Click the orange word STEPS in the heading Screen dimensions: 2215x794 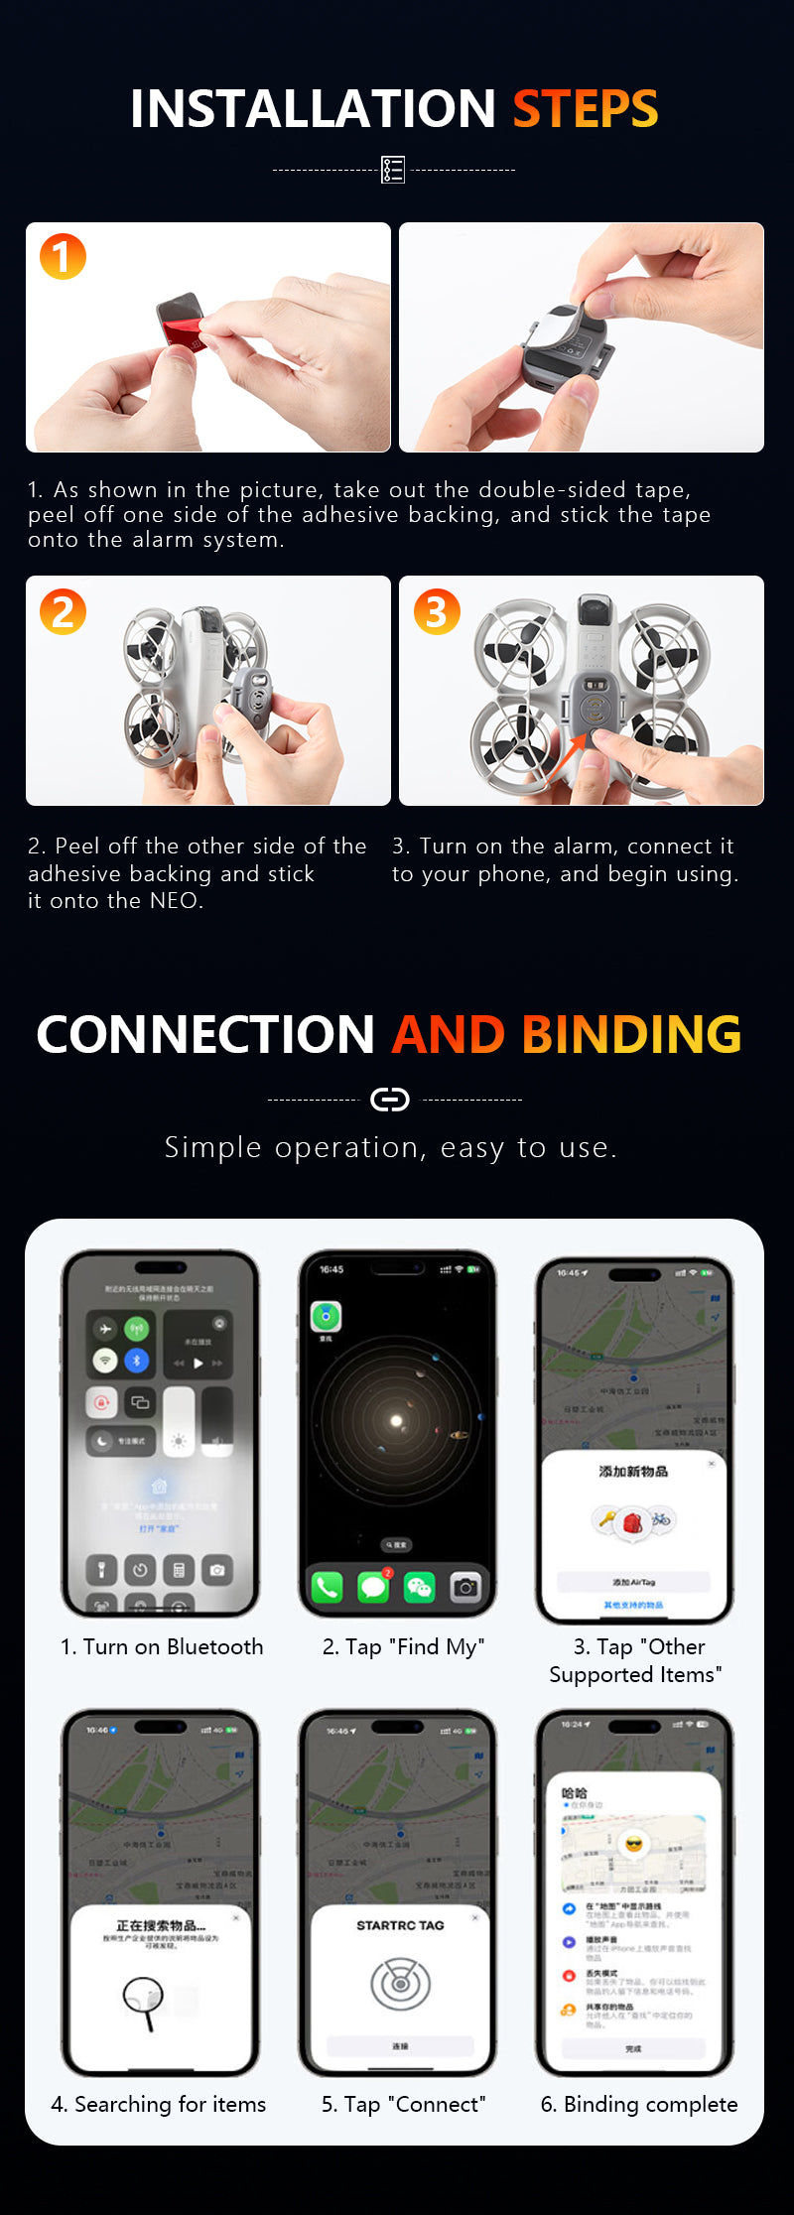coord(585,108)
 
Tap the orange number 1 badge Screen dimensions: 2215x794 coord(63,256)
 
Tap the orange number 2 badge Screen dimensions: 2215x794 coord(63,610)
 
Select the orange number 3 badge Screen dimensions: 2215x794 coord(437,610)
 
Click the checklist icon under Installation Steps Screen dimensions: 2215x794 coord(393,170)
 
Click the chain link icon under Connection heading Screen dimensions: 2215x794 coord(389,1100)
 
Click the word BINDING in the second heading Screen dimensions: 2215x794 coord(631,1034)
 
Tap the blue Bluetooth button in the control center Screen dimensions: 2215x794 coord(137,1361)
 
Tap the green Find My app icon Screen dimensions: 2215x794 coord(326,1317)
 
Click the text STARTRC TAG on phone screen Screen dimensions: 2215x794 coord(400,1925)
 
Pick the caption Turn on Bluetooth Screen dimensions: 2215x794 coord(162,1647)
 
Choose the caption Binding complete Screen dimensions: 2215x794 coord(639,2105)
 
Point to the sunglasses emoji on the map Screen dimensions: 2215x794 coord(633,1844)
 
